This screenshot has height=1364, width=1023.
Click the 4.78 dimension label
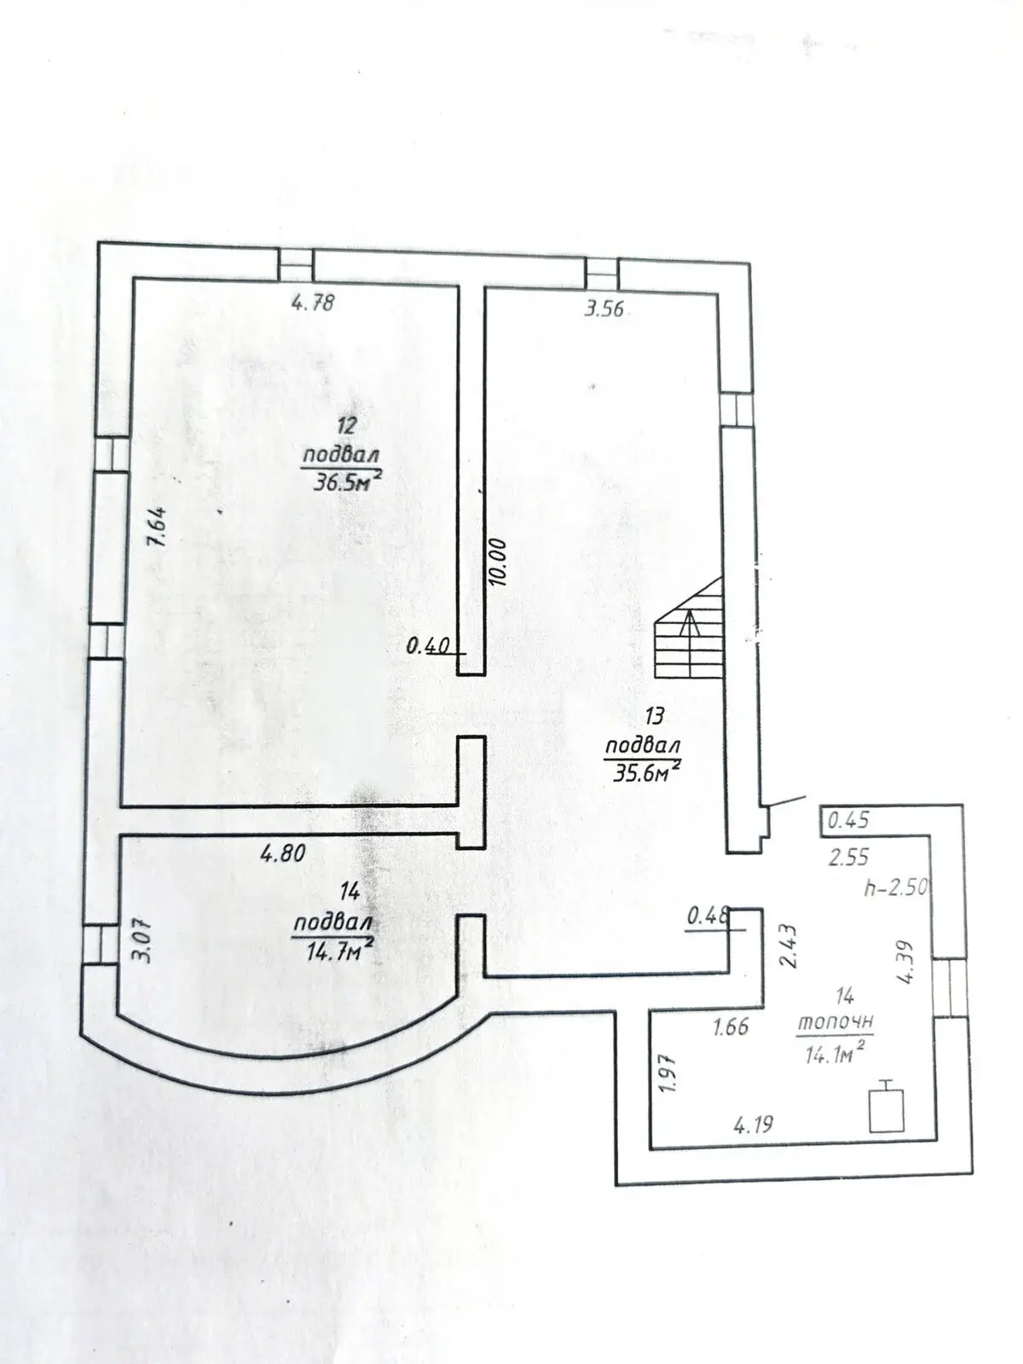point(313,303)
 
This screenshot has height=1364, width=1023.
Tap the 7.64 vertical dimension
point(157,527)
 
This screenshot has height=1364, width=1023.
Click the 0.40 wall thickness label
point(428,646)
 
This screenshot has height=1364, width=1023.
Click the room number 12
point(347,426)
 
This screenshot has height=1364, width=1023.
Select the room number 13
point(654,716)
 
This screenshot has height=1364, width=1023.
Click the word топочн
point(835,1021)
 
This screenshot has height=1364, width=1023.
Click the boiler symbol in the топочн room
point(887,1107)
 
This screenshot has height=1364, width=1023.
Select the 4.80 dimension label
point(283,853)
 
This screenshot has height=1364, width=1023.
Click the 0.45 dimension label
point(849,821)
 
